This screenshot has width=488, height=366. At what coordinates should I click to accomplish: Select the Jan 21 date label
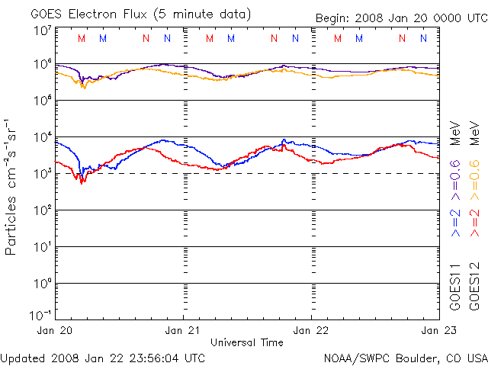(184, 331)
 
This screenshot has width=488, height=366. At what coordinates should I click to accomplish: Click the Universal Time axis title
(247, 342)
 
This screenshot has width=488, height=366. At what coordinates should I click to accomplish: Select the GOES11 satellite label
(455, 287)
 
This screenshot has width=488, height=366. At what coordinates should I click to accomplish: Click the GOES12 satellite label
(474, 287)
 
